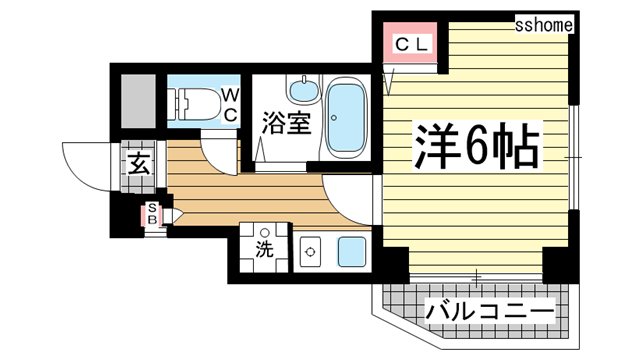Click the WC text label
pyautogui.click(x=229, y=105)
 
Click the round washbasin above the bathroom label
pyautogui.click(x=300, y=91)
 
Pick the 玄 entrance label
pyautogui.click(x=138, y=166)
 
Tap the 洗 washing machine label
pyautogui.click(x=263, y=250)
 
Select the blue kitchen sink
pyautogui.click(x=352, y=251)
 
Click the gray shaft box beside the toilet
pyautogui.click(x=137, y=100)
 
